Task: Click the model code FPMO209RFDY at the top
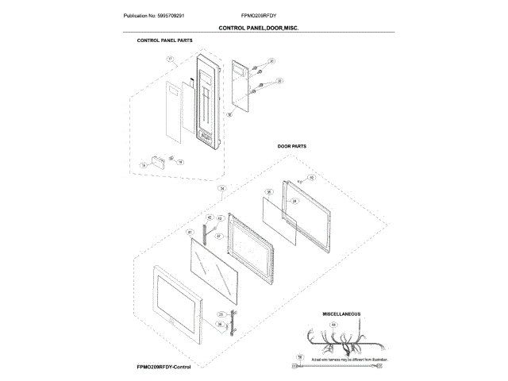[259, 15]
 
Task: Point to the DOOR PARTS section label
[292, 147]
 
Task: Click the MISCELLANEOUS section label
[342, 314]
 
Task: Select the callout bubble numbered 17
[169, 60]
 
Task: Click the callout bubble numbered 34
[222, 188]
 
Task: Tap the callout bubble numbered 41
[190, 233]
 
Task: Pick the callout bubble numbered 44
[333, 325]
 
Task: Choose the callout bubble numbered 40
[311, 178]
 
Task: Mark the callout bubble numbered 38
[269, 191]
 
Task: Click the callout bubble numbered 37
[219, 236]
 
